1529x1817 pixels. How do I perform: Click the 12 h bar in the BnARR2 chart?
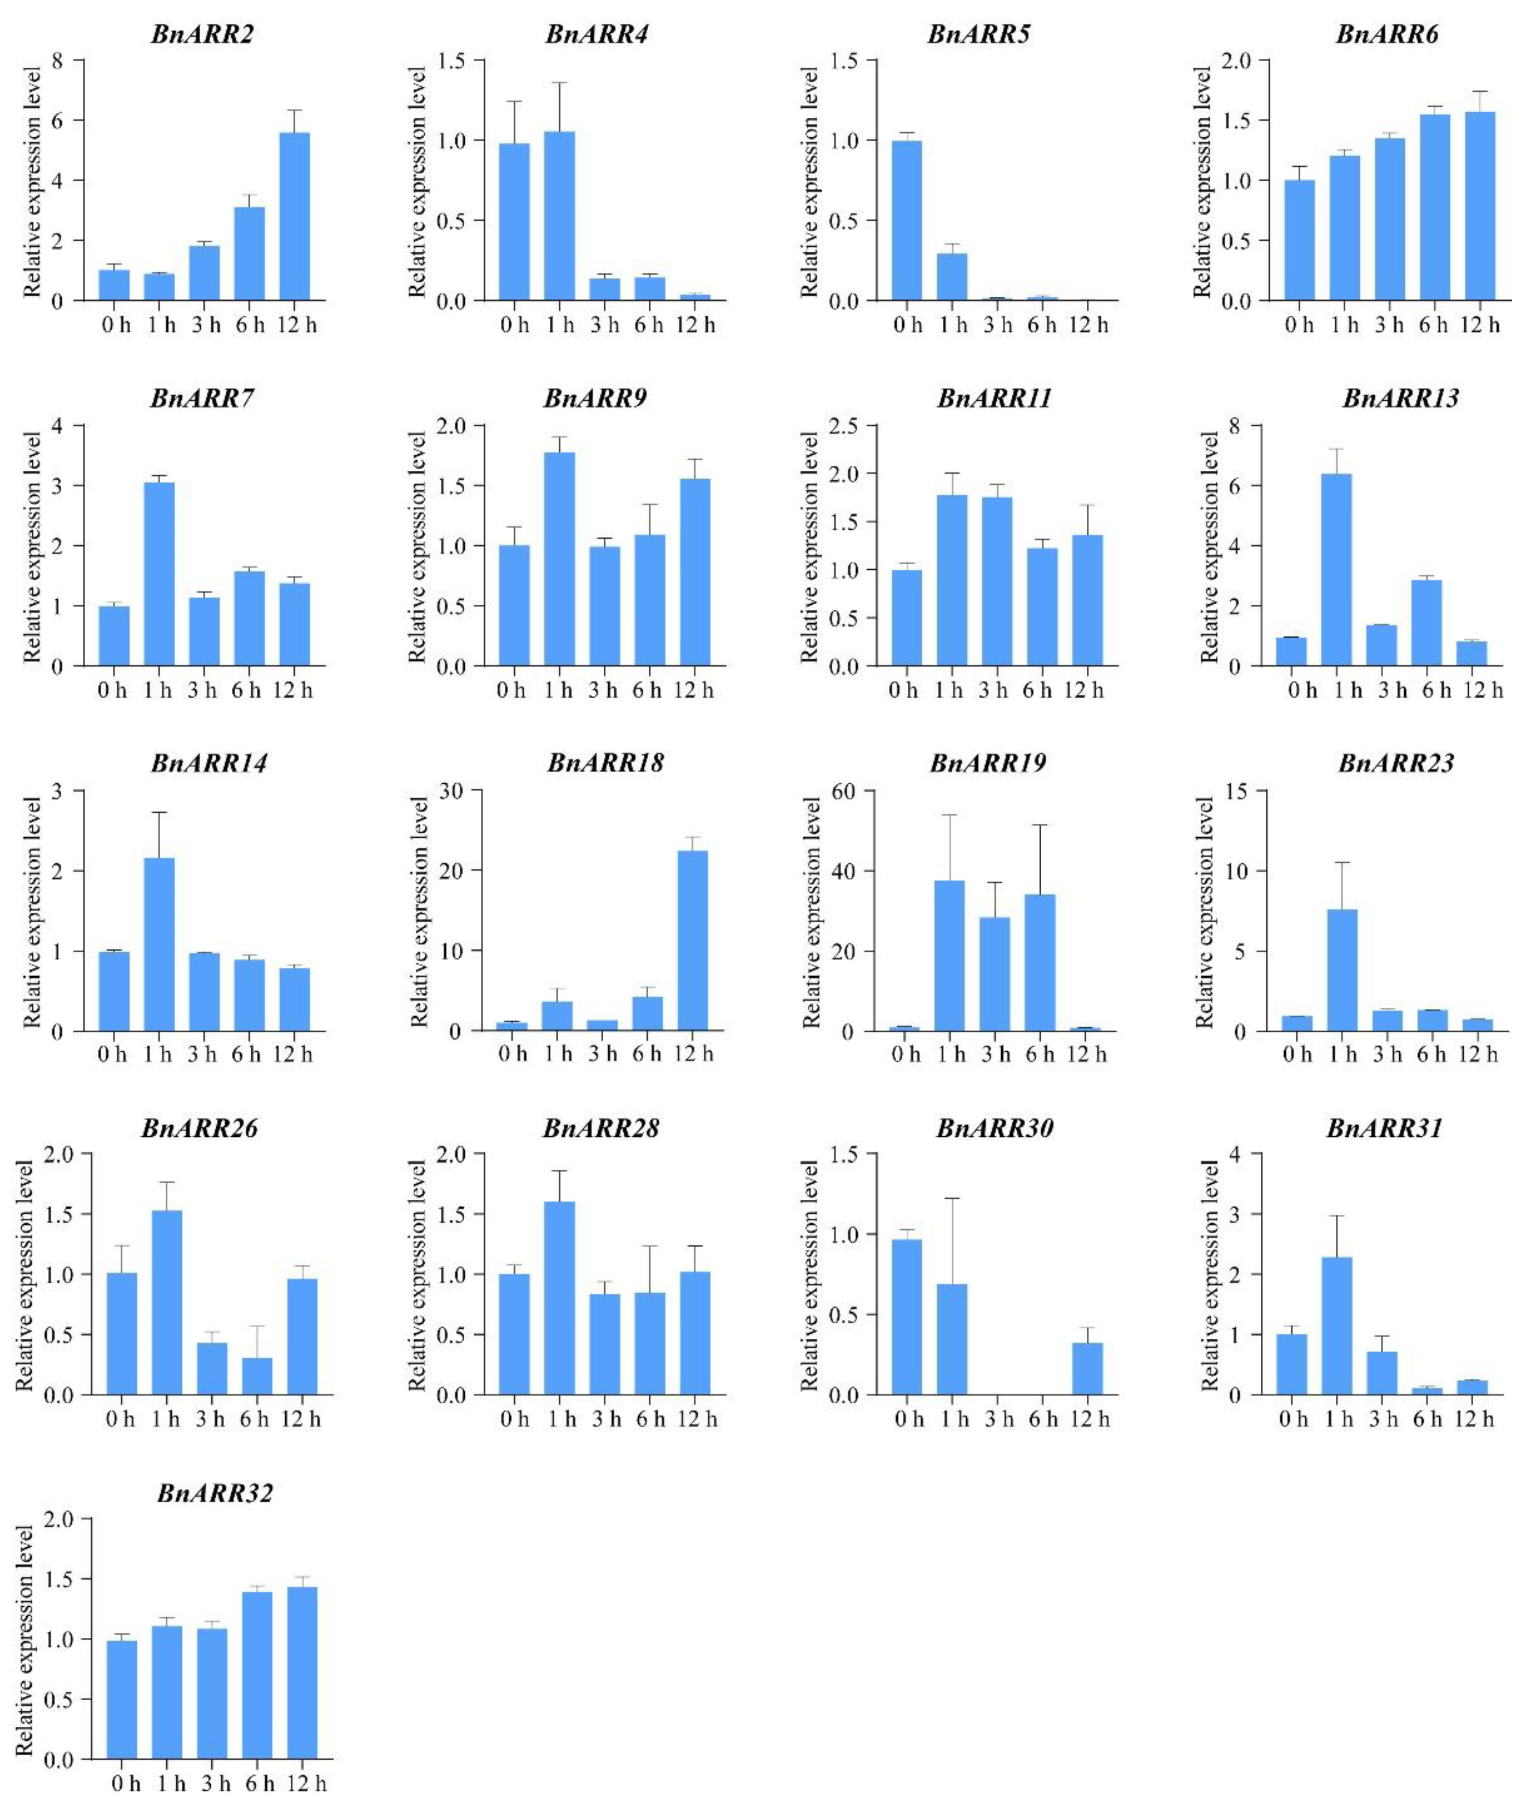[x=294, y=217]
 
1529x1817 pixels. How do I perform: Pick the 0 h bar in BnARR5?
[x=906, y=221]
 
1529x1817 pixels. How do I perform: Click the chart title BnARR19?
[x=987, y=764]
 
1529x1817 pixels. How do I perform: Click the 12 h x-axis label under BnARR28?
[x=698, y=1419]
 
